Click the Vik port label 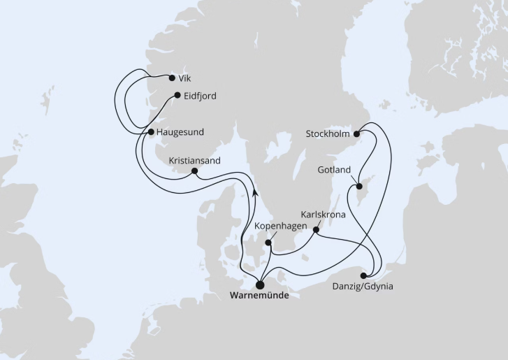pyautogui.click(x=184, y=78)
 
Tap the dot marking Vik pyautogui.click(x=173, y=78)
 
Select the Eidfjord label pyautogui.click(x=201, y=96)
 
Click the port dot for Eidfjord pyautogui.click(x=177, y=96)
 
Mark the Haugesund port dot pyautogui.click(x=151, y=131)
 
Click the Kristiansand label pyautogui.click(x=194, y=160)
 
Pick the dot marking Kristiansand pyautogui.click(x=194, y=171)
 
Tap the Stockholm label pyautogui.click(x=328, y=134)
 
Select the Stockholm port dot pyautogui.click(x=356, y=134)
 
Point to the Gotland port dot pyautogui.click(x=358, y=187)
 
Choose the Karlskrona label pyautogui.click(x=323, y=215)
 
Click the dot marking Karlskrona pyautogui.click(x=317, y=229)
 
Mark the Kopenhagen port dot pyautogui.click(x=268, y=243)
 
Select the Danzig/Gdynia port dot pyautogui.click(x=363, y=275)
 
